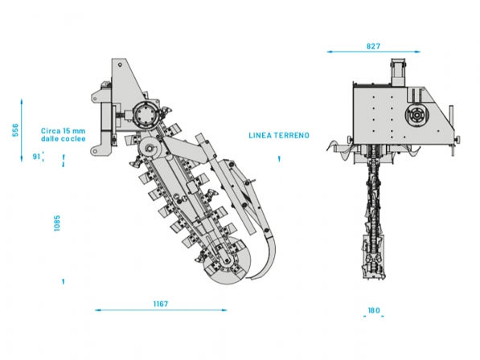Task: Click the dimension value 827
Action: [373, 46]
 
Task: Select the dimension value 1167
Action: [161, 304]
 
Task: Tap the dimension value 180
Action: [374, 310]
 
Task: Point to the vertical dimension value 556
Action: [14, 130]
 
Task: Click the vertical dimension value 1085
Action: [57, 223]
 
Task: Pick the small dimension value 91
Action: [36, 157]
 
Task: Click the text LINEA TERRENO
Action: [279, 135]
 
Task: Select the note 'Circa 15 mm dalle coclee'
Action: [64, 134]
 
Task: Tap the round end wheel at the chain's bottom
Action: [227, 260]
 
